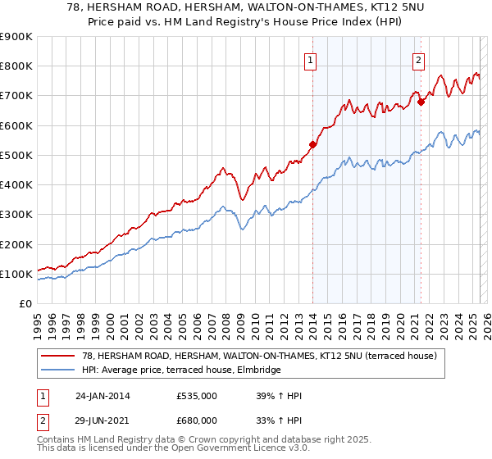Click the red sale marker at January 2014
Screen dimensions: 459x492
[312, 145]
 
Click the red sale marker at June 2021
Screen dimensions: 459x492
[421, 102]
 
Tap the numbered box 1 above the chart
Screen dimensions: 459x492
[312, 58]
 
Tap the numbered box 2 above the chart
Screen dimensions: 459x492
[419, 58]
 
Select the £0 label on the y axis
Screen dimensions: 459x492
[25, 304]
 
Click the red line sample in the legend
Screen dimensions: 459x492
[59, 356]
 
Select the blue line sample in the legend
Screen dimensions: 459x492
[59, 370]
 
